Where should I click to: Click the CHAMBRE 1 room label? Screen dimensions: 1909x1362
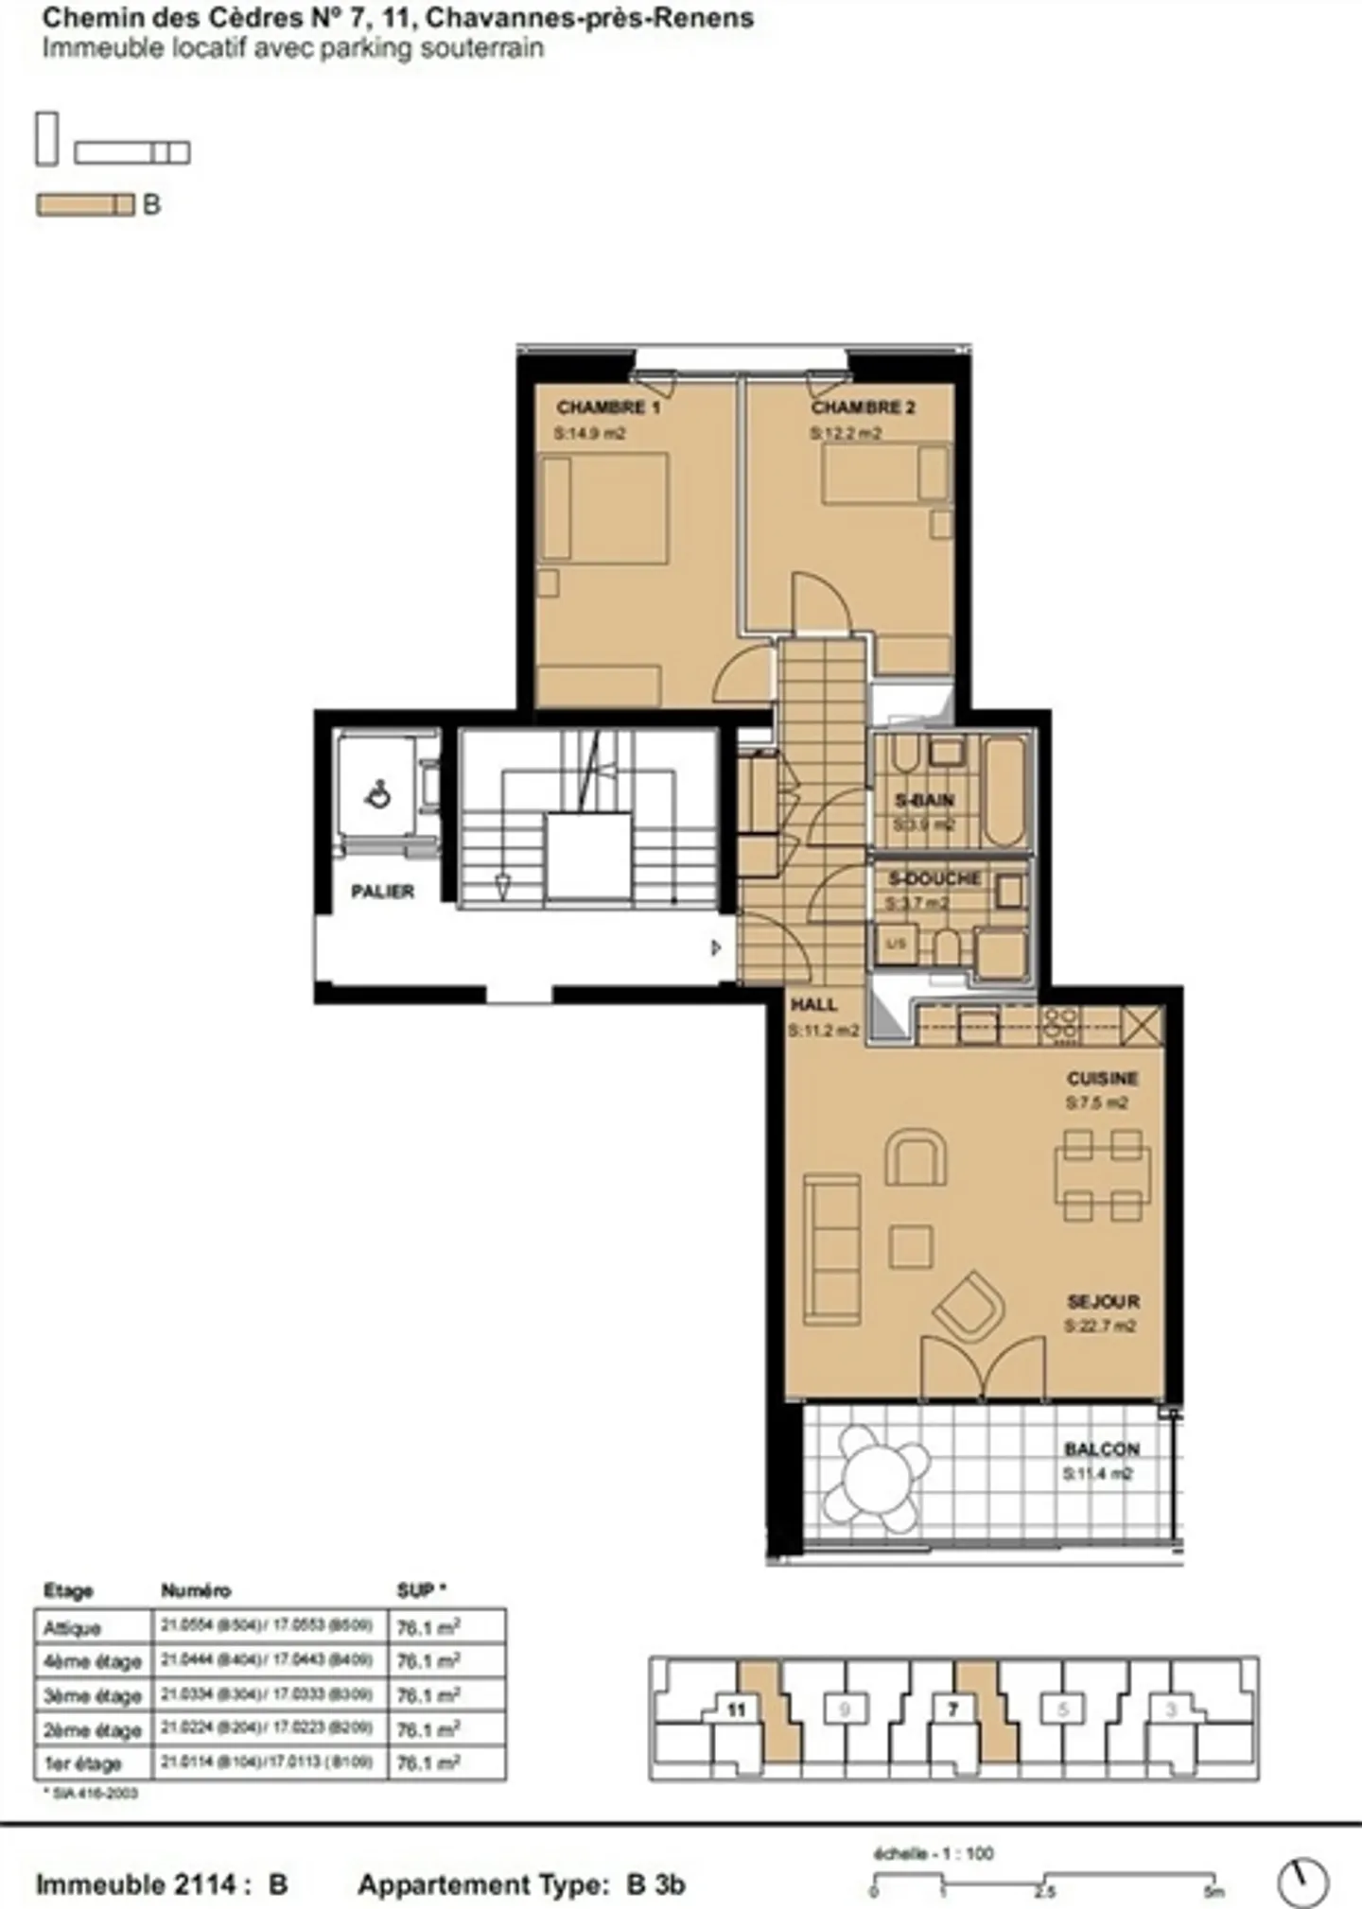click(607, 408)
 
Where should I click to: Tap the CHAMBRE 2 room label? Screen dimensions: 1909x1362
click(863, 408)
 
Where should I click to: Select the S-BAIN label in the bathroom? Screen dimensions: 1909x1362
click(924, 801)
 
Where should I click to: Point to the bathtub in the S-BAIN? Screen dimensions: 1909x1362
click(1004, 791)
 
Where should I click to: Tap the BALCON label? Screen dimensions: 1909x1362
click(1101, 1449)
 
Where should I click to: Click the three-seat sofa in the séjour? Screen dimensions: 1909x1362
click(831, 1249)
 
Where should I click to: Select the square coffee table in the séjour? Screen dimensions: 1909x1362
click(911, 1247)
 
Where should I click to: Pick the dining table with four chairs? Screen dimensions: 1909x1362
click(1102, 1175)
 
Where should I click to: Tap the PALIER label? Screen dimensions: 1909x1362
click(382, 892)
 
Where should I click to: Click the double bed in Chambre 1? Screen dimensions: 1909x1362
click(602, 508)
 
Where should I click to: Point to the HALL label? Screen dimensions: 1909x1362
click(813, 1005)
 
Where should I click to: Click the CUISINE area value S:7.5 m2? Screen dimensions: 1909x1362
click(1096, 1102)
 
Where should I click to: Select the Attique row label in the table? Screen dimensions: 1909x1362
click(72, 1628)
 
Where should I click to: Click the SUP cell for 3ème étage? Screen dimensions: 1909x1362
click(428, 1696)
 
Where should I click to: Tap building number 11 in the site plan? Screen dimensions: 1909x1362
click(737, 1709)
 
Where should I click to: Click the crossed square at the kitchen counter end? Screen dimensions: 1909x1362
click(1141, 1026)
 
